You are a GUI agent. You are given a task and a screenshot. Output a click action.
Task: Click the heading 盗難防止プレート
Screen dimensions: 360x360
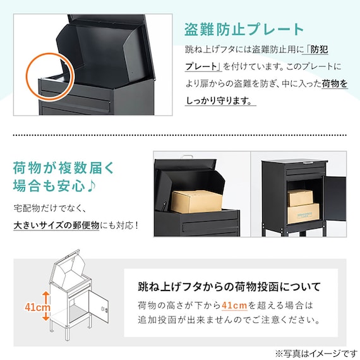pos(244,30)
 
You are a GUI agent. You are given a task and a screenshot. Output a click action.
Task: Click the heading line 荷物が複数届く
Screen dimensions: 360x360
pos(63,168)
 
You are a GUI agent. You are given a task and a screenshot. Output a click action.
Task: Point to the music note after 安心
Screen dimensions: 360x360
pos(92,186)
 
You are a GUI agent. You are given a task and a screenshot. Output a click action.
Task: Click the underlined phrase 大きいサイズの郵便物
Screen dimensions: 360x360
pos(56,225)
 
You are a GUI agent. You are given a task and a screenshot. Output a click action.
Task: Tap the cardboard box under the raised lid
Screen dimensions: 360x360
pos(196,201)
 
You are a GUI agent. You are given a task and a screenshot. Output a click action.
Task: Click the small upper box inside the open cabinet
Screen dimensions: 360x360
pos(300,198)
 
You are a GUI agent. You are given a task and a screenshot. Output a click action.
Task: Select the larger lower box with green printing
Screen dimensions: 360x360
pos(303,213)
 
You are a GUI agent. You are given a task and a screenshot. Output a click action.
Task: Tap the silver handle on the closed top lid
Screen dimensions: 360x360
pos(309,163)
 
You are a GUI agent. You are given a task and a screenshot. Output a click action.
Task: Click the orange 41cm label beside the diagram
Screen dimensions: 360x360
pos(37,307)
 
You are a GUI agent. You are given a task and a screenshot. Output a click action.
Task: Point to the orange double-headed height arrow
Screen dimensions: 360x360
pos(46,306)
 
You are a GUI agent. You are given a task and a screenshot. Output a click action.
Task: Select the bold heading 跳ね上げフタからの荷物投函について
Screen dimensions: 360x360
pos(229,287)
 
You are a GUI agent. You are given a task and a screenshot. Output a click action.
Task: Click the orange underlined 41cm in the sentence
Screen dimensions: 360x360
pos(234,306)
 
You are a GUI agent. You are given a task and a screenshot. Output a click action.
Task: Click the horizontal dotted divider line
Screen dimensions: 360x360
pos(180,135)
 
